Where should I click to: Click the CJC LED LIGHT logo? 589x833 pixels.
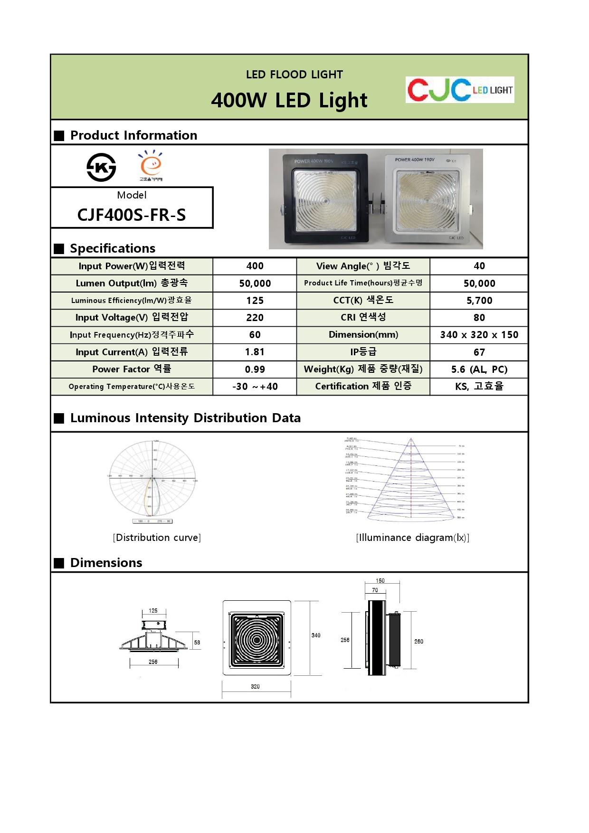460,89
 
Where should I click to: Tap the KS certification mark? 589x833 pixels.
101,167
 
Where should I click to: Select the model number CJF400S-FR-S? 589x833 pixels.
132,215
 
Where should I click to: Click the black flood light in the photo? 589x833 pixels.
325,199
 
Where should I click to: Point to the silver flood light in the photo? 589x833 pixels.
427,199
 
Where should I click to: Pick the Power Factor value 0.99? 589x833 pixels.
255,369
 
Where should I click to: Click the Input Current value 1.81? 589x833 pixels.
255,352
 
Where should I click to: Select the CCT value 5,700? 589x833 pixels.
479,301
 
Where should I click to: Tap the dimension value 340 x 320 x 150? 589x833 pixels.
479,335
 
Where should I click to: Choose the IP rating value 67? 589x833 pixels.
479,352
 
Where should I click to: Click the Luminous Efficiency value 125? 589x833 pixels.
255,301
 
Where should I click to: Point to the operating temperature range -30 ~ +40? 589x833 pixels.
255,387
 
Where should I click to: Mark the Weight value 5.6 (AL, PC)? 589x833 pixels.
479,369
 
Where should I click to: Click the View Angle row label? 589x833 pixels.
363,266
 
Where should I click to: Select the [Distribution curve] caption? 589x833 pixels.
157,538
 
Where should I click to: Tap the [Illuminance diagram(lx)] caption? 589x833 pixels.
412,538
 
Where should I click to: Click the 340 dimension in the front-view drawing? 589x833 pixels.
316,635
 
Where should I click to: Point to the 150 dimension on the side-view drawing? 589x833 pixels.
380,581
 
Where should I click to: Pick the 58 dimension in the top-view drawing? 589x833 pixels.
197,643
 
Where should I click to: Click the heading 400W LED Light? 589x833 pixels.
289,101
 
